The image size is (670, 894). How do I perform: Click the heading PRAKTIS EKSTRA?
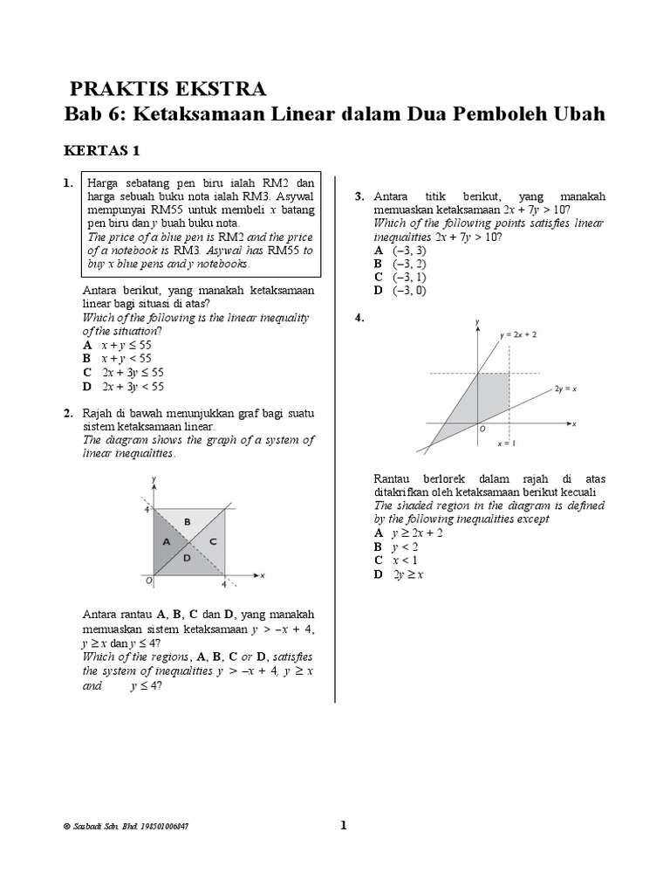pyautogui.click(x=167, y=88)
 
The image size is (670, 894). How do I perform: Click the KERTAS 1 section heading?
pyautogui.click(x=102, y=150)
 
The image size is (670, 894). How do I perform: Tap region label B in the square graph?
pyautogui.click(x=187, y=521)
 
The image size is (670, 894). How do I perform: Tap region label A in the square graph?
pyautogui.click(x=164, y=541)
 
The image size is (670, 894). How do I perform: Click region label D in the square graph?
pyautogui.click(x=187, y=557)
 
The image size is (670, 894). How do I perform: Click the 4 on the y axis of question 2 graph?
pyautogui.click(x=147, y=508)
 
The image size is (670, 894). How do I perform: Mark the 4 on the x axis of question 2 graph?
pyautogui.click(x=223, y=584)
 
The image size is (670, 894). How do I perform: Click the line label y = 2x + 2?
pyautogui.click(x=518, y=334)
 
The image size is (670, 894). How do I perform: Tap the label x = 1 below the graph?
pyautogui.click(x=507, y=444)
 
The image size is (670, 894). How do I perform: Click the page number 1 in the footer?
pyautogui.click(x=343, y=824)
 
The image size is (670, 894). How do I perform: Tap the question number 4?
pyautogui.click(x=359, y=319)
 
